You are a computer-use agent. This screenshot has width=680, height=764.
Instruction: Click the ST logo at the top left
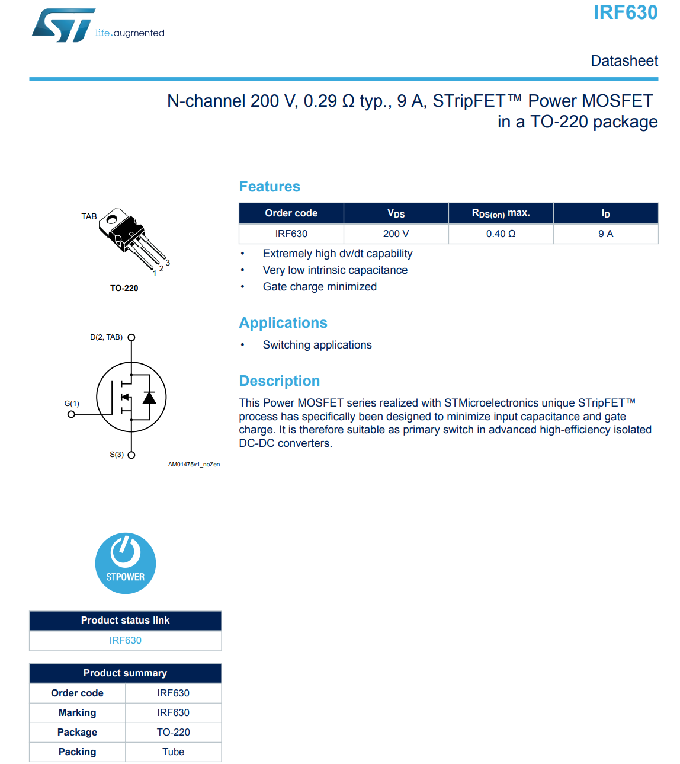click(x=63, y=25)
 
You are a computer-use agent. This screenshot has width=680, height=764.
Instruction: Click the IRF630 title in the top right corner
click(x=625, y=12)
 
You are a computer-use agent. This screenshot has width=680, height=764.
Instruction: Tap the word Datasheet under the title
click(x=624, y=61)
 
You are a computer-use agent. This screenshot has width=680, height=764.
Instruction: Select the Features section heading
click(x=270, y=187)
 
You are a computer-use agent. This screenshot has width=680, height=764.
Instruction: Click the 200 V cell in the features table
click(x=396, y=234)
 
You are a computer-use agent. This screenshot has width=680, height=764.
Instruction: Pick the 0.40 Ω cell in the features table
click(x=501, y=234)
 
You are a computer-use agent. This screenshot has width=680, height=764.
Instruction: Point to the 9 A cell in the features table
click(x=605, y=234)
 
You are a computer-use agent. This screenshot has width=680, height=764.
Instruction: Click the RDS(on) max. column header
click(x=501, y=213)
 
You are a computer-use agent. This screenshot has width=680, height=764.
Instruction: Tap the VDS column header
click(x=396, y=213)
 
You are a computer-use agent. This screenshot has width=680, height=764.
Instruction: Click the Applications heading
click(x=283, y=323)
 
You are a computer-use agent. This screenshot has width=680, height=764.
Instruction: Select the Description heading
click(x=280, y=381)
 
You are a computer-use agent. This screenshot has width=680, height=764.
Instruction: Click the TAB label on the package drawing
click(x=89, y=216)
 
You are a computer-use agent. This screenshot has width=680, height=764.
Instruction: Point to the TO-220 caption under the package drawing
click(x=124, y=288)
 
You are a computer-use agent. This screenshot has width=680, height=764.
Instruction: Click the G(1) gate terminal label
click(x=72, y=404)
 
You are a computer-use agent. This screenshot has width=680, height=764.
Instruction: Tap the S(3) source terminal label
click(x=117, y=455)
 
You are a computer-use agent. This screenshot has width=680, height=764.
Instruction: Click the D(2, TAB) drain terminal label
click(x=107, y=337)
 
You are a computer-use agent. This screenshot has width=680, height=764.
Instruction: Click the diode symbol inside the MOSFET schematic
click(x=149, y=397)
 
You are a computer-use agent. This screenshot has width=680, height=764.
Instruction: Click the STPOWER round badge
click(x=126, y=563)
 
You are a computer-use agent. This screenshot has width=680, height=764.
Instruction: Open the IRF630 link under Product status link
click(x=126, y=640)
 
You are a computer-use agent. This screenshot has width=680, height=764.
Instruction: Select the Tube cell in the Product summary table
click(x=173, y=752)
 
